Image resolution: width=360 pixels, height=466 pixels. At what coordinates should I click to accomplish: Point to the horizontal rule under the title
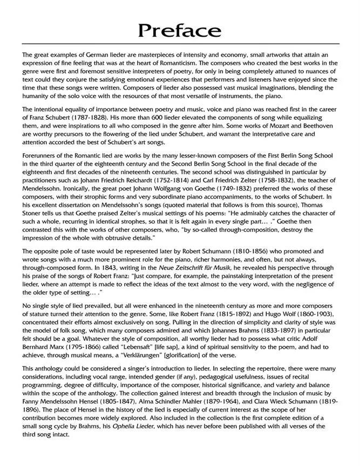(180, 44)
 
